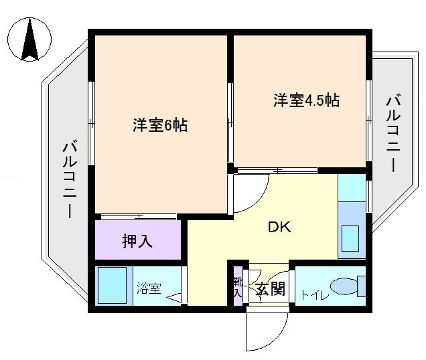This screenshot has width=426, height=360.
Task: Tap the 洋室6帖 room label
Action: coord(159,125)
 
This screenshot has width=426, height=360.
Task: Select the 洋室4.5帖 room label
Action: coord(306,101)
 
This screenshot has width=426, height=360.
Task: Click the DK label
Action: coord(279,228)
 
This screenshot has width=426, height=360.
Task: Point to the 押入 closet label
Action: coord(137,241)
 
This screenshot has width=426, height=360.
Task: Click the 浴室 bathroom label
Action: coord(149,289)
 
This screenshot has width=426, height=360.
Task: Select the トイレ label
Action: coord(313,292)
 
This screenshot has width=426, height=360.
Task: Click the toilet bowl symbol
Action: coord(344,286)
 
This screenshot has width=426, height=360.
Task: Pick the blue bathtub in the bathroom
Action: coord(113,286)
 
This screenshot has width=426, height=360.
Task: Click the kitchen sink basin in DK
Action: coord(351,238)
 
